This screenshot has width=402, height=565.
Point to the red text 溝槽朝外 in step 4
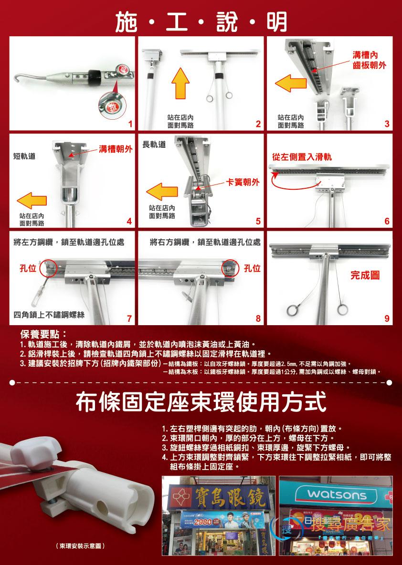click(x=115, y=148)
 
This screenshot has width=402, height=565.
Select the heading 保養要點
click(x=43, y=333)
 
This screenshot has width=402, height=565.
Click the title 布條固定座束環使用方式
click(x=201, y=402)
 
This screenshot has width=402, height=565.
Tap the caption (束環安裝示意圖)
click(x=80, y=545)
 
